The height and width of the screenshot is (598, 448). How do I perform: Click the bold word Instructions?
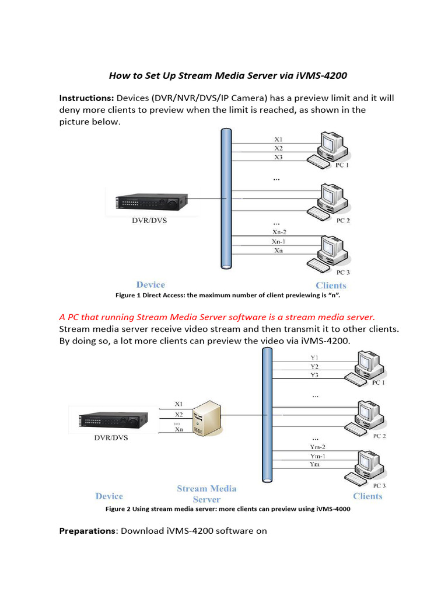86,98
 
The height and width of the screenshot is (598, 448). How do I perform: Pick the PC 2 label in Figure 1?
343,221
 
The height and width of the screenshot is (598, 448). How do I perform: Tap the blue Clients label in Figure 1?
331,286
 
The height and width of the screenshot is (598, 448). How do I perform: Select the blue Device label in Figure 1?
150,285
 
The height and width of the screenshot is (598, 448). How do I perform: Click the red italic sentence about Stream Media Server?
217,317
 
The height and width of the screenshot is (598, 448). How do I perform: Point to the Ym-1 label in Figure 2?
315,456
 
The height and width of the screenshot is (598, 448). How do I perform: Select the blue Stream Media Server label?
206,493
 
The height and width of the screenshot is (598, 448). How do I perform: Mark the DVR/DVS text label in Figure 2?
111,437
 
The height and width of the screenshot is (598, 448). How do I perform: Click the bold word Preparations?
87,531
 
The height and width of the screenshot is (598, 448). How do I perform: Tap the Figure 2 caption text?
228,509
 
